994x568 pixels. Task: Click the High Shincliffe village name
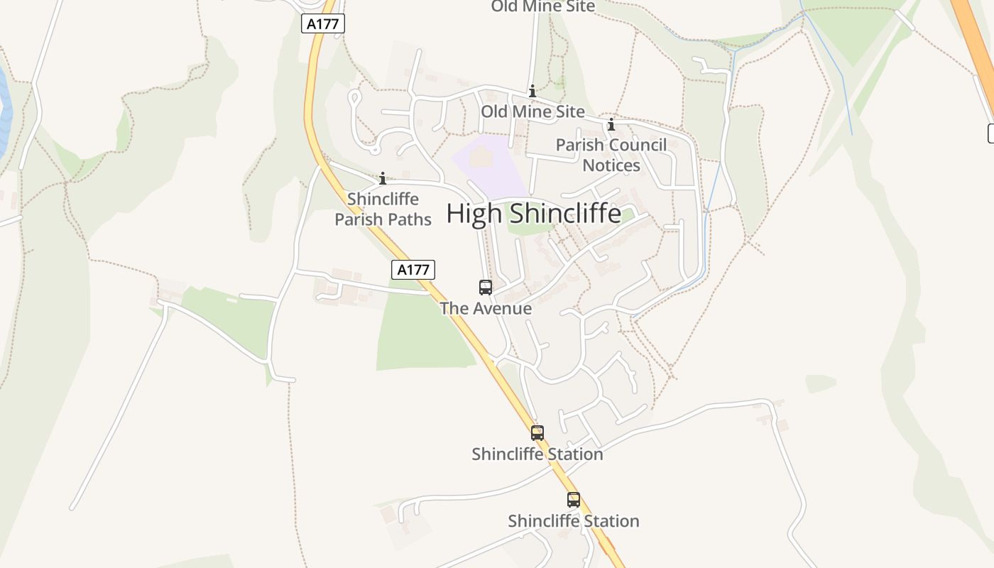pos(533,214)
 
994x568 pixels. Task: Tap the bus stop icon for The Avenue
pos(486,288)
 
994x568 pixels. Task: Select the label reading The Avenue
pos(486,308)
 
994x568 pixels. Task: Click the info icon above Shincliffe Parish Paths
pos(383,178)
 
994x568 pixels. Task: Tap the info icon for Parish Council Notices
pos(611,126)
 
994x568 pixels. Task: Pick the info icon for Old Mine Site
pos(532,92)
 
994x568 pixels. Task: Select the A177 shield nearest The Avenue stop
pos(413,270)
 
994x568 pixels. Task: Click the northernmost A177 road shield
pos(324,23)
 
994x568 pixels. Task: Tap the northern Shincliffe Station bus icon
pos(537,433)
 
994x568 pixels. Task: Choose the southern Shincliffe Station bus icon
pos(574,500)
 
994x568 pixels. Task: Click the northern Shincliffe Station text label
pos(537,454)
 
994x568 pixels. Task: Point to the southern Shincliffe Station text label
pos(574,521)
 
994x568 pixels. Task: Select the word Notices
pos(611,165)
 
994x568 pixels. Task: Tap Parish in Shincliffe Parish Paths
pos(359,219)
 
